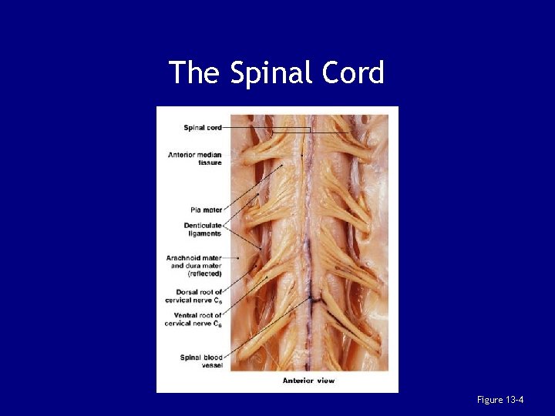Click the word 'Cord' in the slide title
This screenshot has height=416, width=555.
354,73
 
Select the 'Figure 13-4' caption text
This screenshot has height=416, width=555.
501,399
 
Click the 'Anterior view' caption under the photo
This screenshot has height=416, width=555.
308,381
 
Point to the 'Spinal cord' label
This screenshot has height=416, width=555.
203,128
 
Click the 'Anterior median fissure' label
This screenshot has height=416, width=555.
195,159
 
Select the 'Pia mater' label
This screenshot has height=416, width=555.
206,210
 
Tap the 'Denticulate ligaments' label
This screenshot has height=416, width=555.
203,229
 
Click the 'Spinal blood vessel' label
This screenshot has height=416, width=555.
202,361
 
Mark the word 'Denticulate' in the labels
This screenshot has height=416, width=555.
203,225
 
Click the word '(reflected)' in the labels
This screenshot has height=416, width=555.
203,273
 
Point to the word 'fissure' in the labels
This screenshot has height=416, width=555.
209,163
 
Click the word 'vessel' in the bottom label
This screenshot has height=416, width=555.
212,365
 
